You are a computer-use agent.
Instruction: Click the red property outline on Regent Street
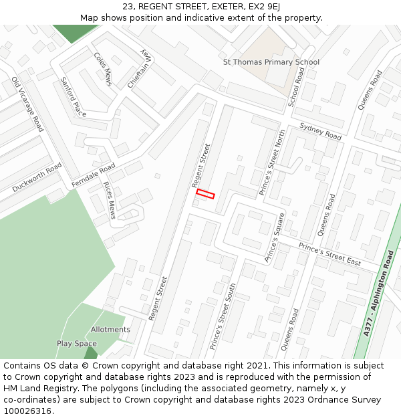205,194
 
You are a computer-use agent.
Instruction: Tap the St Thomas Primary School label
271,62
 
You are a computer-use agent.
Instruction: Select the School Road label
295,87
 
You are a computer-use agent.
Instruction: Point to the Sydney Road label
320,132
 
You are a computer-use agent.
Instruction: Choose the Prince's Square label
275,237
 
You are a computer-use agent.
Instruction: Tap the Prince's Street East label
329,254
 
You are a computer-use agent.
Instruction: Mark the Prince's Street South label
223,316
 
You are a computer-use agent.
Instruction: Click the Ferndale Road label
93,175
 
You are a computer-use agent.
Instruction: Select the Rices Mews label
109,200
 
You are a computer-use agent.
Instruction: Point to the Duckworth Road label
37,177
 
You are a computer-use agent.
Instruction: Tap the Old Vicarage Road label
27,104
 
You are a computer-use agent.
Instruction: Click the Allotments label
110,330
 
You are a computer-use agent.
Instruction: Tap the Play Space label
76,344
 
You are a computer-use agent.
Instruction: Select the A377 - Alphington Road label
378,293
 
